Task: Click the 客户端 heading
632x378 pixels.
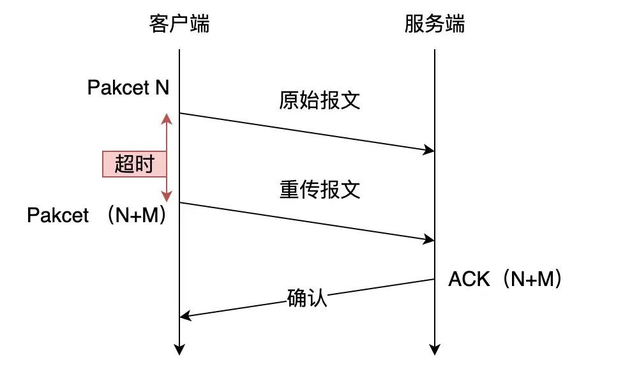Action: (179, 24)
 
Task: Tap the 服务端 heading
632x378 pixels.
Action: (435, 24)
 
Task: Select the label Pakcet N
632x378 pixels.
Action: (128, 87)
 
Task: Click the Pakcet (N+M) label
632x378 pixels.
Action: (97, 215)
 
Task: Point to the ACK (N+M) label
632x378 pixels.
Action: (505, 278)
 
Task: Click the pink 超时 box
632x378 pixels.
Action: (135, 164)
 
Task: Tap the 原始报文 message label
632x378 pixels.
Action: (320, 100)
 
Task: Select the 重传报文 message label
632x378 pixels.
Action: (320, 190)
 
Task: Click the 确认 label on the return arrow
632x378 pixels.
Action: (306, 298)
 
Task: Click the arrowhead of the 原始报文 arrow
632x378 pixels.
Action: (430, 150)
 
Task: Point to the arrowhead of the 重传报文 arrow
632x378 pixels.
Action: (430, 239)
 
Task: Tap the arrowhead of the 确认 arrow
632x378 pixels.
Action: (184, 316)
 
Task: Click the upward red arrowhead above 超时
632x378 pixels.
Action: (167, 118)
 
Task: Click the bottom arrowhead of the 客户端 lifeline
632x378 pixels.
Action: (179, 350)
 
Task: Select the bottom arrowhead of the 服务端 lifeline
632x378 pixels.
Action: (435, 350)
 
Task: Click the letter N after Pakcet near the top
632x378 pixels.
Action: (162, 87)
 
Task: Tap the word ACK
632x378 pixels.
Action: (469, 279)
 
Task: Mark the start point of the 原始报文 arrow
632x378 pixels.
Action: (179, 113)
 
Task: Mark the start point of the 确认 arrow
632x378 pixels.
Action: (435, 279)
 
